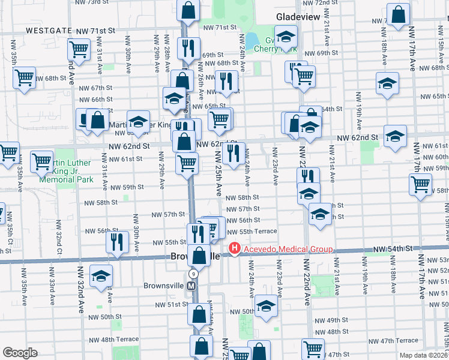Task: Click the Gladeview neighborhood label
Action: [298, 17]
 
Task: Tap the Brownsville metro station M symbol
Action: [192, 286]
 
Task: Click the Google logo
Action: [20, 353]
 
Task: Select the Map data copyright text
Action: [424, 355]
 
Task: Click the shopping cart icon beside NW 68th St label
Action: [25, 77]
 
